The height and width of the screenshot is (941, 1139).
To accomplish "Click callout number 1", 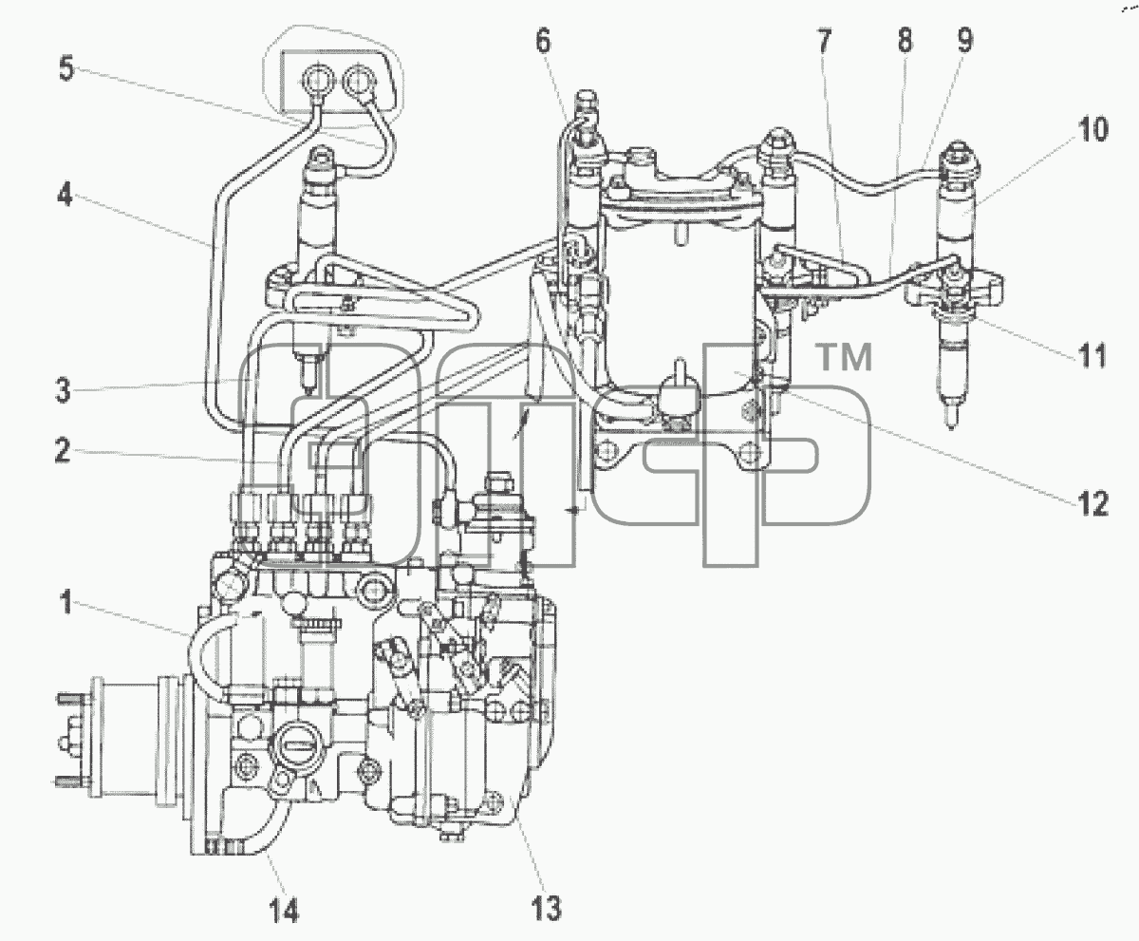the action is (x=66, y=603).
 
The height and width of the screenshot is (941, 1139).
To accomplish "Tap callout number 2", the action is (x=63, y=451).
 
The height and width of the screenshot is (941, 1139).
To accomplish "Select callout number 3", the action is (x=64, y=390).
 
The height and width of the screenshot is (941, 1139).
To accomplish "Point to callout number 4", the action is (x=65, y=194).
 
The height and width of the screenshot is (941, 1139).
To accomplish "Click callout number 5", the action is (x=66, y=68).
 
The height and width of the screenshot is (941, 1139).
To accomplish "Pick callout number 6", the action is (x=543, y=42).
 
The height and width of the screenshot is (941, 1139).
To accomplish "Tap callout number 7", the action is (x=824, y=41).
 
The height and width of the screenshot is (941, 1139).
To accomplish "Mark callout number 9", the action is (x=965, y=40).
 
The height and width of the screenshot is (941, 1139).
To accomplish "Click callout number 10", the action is (x=1092, y=130).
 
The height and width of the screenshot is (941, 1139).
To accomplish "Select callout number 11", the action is (x=1092, y=355).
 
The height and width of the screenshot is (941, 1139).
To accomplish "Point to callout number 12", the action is (x=1092, y=504).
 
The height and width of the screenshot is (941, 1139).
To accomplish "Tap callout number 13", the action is (x=546, y=909).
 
